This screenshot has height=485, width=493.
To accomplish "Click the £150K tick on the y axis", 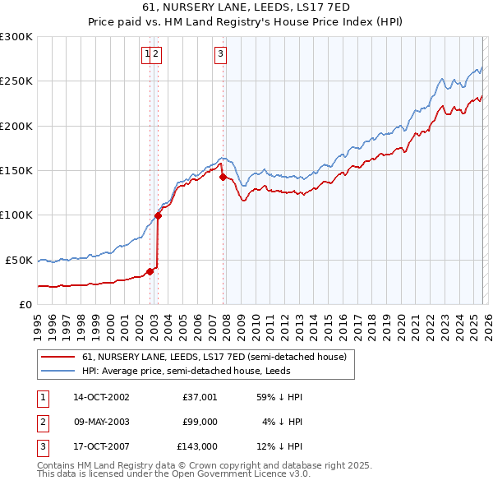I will [x=16, y=170].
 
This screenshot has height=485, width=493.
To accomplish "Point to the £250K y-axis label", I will [x=16, y=81].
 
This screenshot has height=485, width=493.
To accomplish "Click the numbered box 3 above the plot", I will [x=221, y=55].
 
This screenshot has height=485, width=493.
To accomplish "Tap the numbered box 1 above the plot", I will [x=147, y=55].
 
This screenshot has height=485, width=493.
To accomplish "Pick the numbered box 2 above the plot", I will [x=156, y=55].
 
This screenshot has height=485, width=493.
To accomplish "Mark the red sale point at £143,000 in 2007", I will [x=223, y=176].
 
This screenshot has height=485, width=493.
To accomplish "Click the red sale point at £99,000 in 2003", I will [x=158, y=215].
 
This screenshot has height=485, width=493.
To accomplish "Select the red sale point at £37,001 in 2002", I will [x=150, y=270].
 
